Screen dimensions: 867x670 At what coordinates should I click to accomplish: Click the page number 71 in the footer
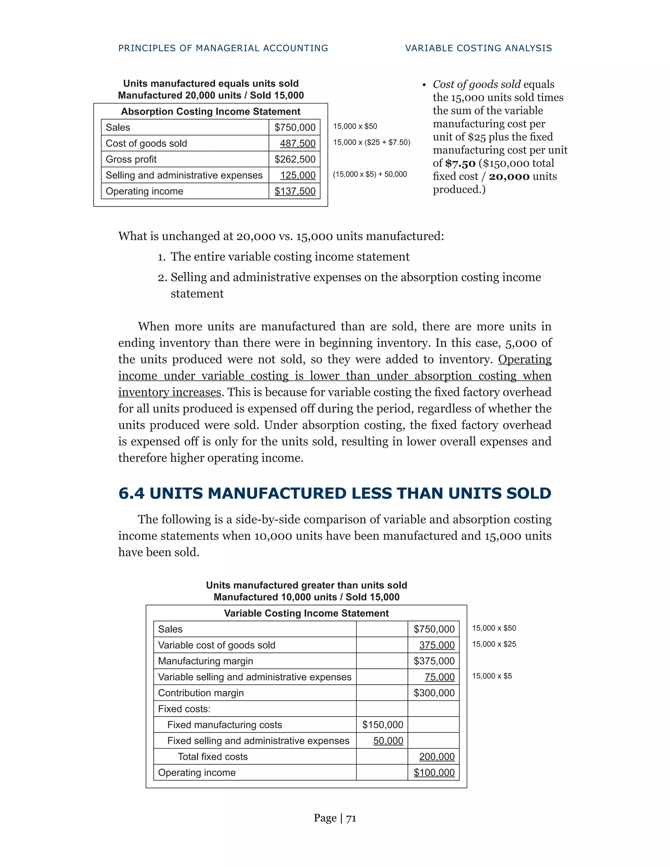click(351, 818)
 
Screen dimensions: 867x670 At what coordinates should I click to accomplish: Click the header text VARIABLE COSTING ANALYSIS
click(478, 48)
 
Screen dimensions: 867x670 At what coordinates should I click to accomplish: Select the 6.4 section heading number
click(132, 493)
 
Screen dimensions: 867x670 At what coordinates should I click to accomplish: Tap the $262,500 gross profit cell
click(294, 159)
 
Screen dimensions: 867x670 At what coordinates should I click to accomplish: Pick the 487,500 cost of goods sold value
click(297, 143)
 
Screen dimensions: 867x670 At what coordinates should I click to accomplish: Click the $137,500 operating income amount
click(294, 191)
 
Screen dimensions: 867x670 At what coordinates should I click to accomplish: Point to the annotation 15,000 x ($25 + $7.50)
click(372, 142)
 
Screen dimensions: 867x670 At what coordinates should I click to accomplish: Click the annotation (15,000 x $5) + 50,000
click(370, 174)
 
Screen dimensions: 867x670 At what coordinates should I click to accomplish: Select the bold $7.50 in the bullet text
click(460, 163)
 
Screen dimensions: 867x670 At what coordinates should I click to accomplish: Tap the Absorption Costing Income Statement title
click(210, 112)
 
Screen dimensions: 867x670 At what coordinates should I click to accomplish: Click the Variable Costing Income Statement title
click(306, 613)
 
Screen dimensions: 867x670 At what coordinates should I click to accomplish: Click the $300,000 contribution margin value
click(434, 693)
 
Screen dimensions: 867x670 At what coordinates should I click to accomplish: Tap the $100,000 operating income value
click(434, 772)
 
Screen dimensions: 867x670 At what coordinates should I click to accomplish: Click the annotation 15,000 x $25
click(494, 644)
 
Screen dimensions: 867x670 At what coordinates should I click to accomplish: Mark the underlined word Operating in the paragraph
click(524, 359)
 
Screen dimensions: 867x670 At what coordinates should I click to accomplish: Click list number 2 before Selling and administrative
click(162, 277)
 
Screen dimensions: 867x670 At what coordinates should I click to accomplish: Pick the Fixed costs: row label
click(184, 709)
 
